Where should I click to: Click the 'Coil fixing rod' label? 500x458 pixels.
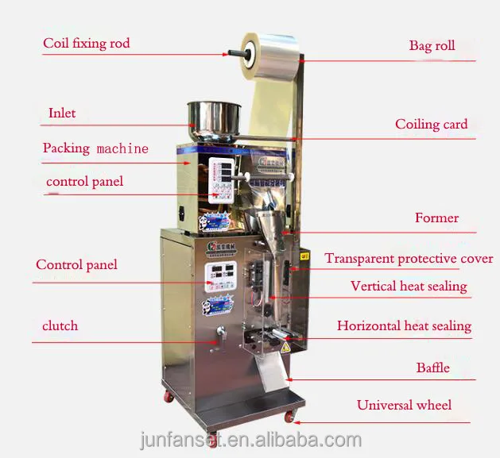pos(87,43)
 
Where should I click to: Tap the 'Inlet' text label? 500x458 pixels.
pos(62,113)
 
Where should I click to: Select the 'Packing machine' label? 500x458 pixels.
pos(95,148)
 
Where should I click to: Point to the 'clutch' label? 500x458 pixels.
pos(60,325)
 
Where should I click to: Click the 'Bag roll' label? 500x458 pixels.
pos(432,45)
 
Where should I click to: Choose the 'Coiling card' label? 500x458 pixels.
pos(432,124)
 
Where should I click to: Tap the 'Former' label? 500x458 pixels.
pos(436,217)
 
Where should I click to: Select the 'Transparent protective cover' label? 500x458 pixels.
pos(409,259)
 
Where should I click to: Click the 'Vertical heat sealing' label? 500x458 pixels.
pos(409,286)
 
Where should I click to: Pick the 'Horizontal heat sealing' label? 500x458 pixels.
pos(404,325)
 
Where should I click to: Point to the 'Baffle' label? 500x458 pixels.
pos(433,368)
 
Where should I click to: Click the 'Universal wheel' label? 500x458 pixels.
pos(404,405)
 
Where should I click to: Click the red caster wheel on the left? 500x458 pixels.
pos(169,395)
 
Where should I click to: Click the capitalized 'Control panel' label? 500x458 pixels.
pos(76,264)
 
